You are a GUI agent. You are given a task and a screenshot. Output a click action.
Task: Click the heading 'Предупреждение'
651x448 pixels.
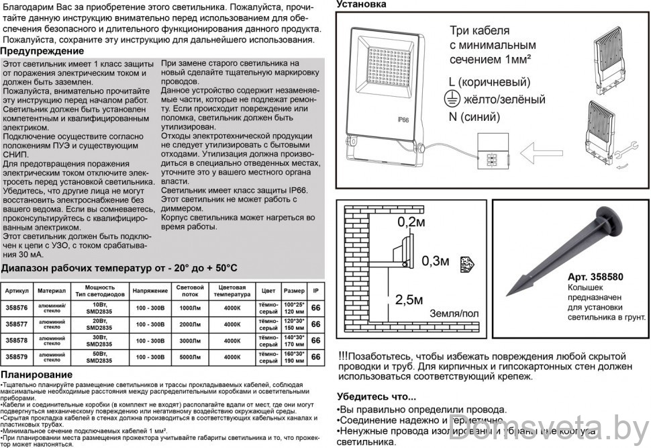[x=42, y=52]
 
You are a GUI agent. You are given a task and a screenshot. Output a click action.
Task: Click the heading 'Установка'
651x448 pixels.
[x=362, y=5]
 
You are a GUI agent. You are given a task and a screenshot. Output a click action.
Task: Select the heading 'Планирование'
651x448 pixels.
[x=37, y=374]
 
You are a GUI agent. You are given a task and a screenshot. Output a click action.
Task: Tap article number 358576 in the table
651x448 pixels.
[x=17, y=308]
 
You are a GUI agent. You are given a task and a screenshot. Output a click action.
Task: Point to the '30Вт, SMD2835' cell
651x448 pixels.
[x=99, y=341]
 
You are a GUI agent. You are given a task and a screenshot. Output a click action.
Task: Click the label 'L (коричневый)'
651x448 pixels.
[x=489, y=82]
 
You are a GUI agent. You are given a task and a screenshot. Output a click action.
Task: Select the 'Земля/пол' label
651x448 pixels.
[x=454, y=314]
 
